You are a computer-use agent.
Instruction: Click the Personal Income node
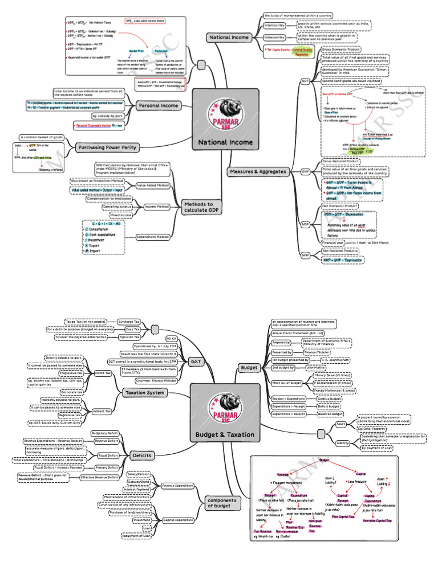[159, 105]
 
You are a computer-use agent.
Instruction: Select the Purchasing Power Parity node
[107, 147]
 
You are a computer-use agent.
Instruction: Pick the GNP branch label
[305, 171]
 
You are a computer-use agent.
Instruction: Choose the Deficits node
[141, 455]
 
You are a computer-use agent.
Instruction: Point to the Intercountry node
[274, 26]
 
